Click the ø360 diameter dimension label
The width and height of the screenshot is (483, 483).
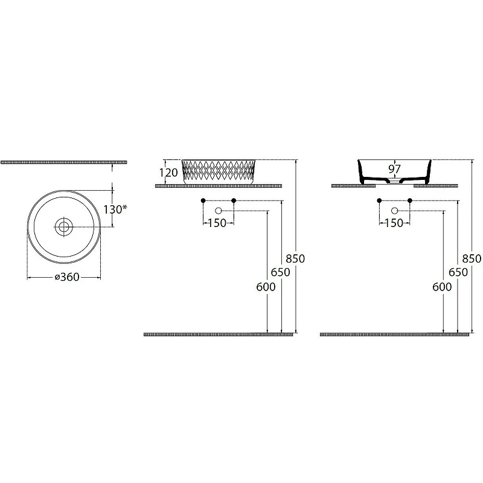click(x=67, y=277)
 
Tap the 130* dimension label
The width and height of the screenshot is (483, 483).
click(x=115, y=210)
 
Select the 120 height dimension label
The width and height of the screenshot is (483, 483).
click(x=168, y=173)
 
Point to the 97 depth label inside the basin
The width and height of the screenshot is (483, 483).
click(x=395, y=169)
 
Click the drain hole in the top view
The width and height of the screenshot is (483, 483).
click(x=64, y=228)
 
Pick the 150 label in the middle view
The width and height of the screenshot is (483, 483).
click(x=217, y=223)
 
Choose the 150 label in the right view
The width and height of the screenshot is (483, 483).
click(x=394, y=223)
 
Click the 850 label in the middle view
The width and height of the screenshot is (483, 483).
click(x=295, y=259)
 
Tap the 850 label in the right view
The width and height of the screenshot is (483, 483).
click(x=472, y=259)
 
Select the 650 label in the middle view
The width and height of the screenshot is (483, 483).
click(x=280, y=272)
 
